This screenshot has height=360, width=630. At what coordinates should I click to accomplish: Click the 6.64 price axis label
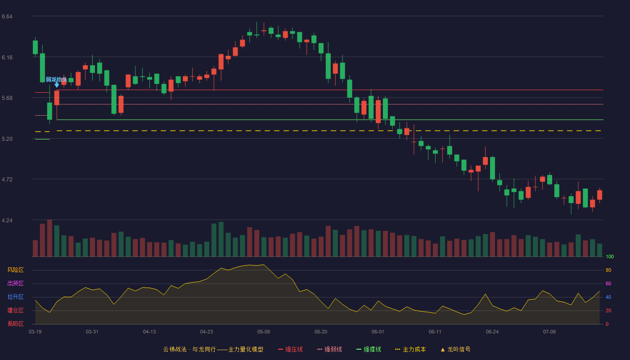pyautogui.click(x=7, y=17)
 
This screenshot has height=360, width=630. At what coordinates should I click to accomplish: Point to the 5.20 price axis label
pyautogui.click(x=7, y=139)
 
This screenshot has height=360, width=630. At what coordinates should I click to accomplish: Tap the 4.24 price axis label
pyautogui.click(x=7, y=220)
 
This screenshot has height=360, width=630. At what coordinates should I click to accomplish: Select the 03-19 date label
pyautogui.click(x=35, y=332)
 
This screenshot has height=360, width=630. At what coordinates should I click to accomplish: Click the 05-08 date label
pyautogui.click(x=264, y=332)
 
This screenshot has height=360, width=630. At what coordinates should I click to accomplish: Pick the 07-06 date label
pyautogui.click(x=549, y=332)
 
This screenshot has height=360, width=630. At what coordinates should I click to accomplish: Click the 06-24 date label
pyautogui.click(x=492, y=332)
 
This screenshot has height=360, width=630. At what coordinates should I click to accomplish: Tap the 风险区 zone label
pyautogui.click(x=15, y=270)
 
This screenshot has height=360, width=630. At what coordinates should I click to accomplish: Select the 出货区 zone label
pyautogui.click(x=15, y=283)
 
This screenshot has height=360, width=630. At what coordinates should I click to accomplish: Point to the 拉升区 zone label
pyautogui.click(x=15, y=297)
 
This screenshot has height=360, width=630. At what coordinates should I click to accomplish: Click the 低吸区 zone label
pyautogui.click(x=15, y=324)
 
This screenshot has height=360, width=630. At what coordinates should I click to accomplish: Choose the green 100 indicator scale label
pyautogui.click(x=610, y=256)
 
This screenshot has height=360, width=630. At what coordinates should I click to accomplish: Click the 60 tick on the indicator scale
pyautogui.click(x=608, y=283)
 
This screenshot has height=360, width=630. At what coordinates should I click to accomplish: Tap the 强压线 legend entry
pyautogui.click(x=290, y=349)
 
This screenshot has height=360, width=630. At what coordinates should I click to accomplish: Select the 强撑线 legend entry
pyautogui.click(x=369, y=349)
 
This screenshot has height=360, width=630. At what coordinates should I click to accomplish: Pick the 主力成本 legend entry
pyautogui.click(x=410, y=349)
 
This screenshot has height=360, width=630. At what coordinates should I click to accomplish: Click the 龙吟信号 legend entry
pyautogui.click(x=455, y=349)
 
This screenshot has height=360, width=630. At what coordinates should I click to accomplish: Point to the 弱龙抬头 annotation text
pyautogui.click(x=57, y=80)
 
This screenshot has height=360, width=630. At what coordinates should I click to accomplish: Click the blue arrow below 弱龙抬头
pyautogui.click(x=57, y=85)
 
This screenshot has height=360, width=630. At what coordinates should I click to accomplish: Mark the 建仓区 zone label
pyautogui.click(x=15, y=310)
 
